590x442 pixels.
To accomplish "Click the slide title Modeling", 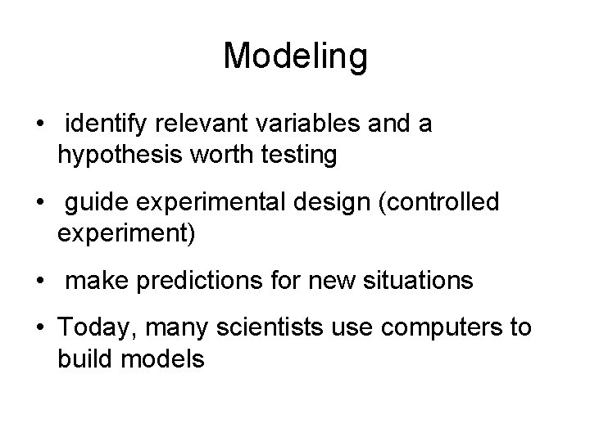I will tap(295, 56).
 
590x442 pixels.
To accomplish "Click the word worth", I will tap(220, 155).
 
